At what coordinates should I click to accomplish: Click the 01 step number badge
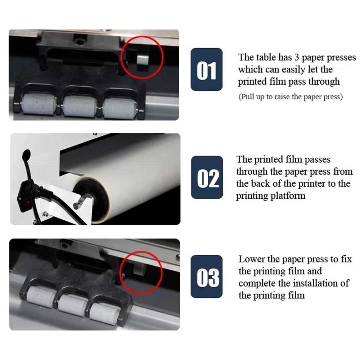(x=206, y=69)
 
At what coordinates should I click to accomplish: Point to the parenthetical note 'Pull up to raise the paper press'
(x=290, y=96)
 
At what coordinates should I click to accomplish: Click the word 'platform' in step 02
(x=289, y=196)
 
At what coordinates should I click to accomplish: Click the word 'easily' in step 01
(x=290, y=69)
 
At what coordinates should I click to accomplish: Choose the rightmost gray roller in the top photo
(x=120, y=106)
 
